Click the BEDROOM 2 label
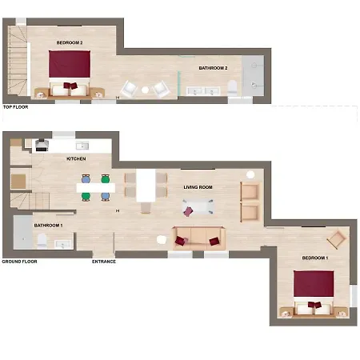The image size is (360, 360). [70, 42]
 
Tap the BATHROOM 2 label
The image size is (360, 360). [213, 68]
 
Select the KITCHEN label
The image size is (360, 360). [76, 158]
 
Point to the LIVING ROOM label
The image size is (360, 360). [198, 187]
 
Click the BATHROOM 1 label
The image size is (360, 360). [48, 226]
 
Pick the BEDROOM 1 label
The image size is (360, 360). [315, 258]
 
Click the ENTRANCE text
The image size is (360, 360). [104, 262]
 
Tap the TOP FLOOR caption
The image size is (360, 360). [15, 107]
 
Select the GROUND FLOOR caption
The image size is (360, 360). [19, 262]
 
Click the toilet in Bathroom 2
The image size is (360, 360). [233, 87]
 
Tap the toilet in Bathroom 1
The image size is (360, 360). [42, 240]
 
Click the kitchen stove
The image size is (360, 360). [42, 145]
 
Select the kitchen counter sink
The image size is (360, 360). [82, 146]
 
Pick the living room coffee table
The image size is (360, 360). [198, 206]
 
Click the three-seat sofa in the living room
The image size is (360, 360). [198, 238]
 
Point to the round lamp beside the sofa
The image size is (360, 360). [162, 240]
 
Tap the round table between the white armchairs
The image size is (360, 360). [145, 90]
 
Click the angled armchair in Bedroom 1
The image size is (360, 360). [338, 239]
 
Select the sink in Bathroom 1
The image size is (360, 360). [63, 244]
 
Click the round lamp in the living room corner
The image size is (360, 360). [250, 174]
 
